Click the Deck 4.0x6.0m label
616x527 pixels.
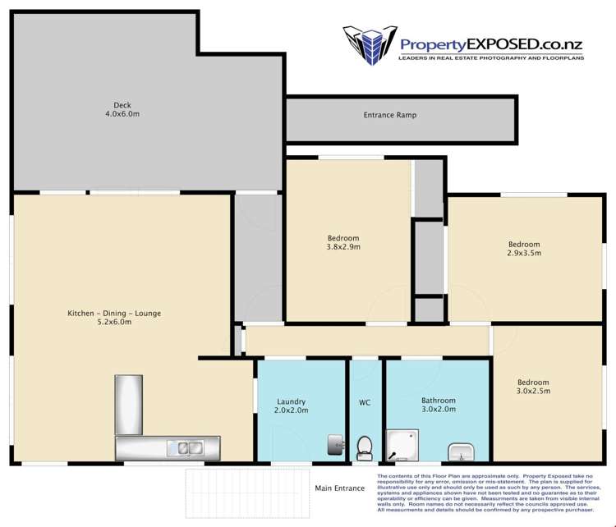pos(122,110)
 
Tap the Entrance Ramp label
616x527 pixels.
pos(389,115)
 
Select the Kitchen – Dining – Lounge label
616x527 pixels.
pos(114,318)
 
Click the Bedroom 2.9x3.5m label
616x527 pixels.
pos(523,249)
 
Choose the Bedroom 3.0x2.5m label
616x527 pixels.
pos(533,387)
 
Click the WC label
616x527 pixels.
pos(365,403)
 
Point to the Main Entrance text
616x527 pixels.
pos(339,488)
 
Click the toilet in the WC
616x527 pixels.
pos(365,448)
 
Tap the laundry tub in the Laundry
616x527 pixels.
pos(334,445)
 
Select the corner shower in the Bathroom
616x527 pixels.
pos(402,446)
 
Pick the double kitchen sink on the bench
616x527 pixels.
pos(186,448)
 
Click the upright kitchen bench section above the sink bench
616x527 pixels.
pos(129,404)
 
